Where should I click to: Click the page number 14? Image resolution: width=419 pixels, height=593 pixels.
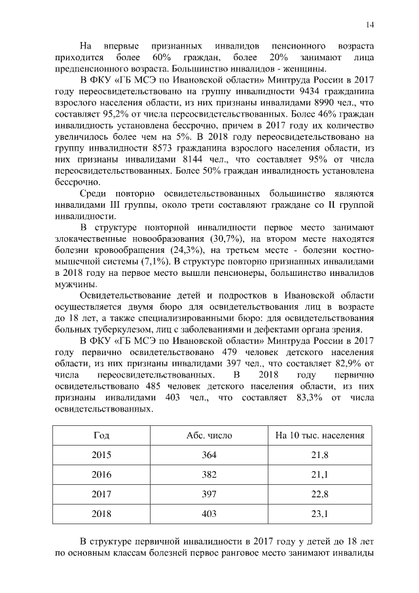tap(370, 26)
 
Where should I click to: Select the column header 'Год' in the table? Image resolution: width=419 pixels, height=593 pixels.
tap(101, 435)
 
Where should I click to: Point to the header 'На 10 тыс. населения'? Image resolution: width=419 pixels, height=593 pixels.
tap(319, 435)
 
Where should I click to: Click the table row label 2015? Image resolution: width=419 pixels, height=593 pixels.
tap(101, 455)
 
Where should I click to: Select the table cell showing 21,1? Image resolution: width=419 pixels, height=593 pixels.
tap(319, 474)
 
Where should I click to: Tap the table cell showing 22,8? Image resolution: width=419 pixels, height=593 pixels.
tap(319, 494)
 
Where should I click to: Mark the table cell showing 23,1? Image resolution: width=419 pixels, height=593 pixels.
tap(319, 514)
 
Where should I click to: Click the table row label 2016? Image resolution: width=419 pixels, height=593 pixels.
tap(101, 474)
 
